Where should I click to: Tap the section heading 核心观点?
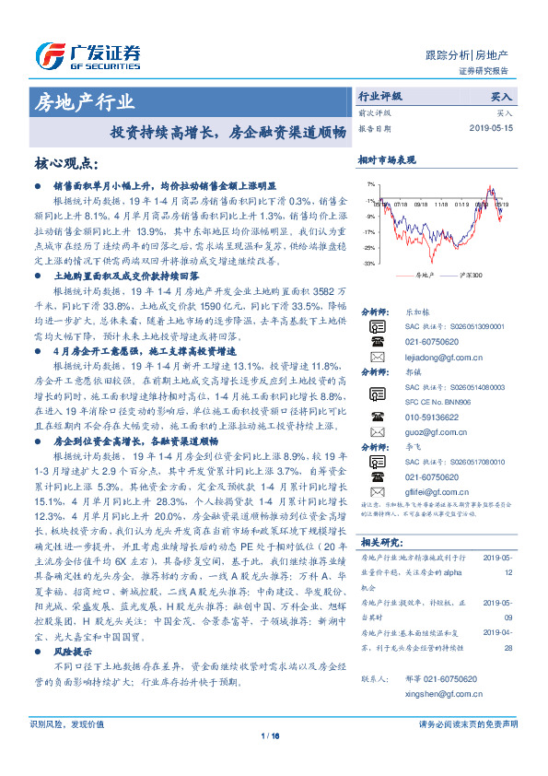point(66,163)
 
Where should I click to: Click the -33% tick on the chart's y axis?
point(370,263)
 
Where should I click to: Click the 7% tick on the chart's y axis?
point(371,184)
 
